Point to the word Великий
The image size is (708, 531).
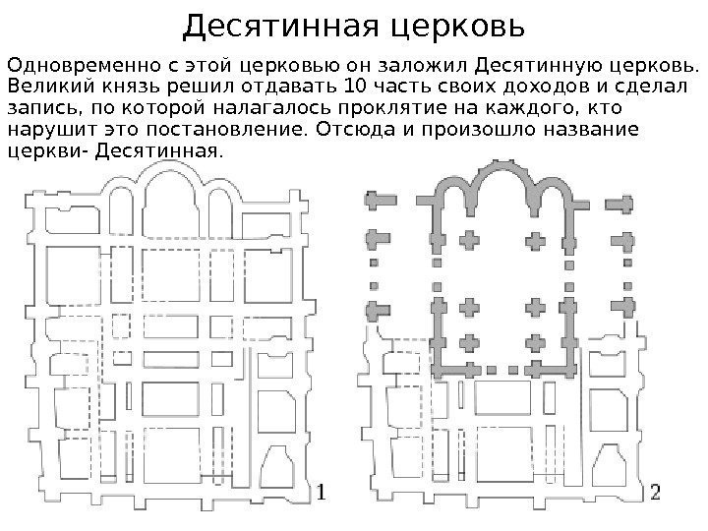coord(39,88)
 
